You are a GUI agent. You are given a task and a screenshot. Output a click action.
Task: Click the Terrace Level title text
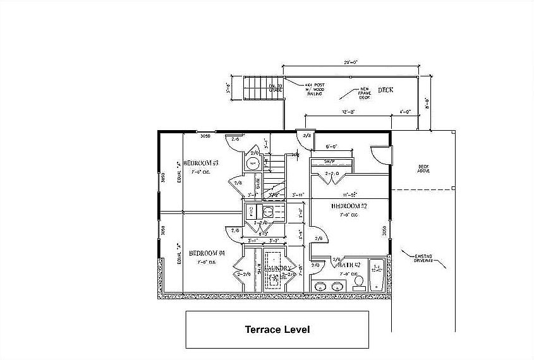[x=277, y=329]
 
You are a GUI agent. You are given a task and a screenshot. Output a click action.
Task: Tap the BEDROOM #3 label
[x=200, y=163]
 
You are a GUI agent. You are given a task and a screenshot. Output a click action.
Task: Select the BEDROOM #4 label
[x=207, y=253]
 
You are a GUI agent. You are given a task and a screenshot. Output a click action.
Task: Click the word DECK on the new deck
[x=385, y=90]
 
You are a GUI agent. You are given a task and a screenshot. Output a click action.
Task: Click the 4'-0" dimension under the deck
[x=405, y=112]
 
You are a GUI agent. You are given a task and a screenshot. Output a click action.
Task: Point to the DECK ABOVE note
[x=423, y=169]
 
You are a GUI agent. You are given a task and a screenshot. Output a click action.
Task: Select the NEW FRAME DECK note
[x=365, y=93]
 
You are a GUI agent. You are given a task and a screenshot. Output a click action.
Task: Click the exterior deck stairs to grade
[x=257, y=87]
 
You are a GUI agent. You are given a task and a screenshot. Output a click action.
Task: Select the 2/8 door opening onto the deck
[x=307, y=135]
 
